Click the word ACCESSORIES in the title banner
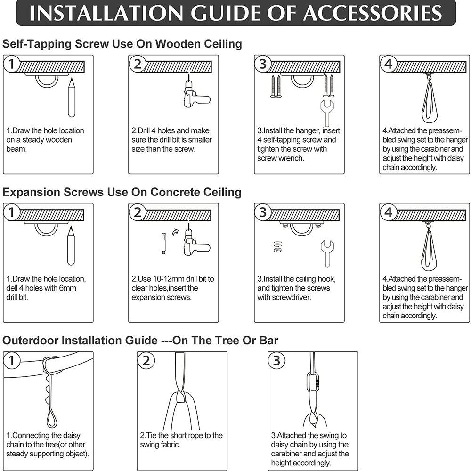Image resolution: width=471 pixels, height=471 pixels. click(372, 13)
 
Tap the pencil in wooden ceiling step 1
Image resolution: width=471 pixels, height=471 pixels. click(72, 97)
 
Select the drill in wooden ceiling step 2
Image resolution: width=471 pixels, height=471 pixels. click(195, 93)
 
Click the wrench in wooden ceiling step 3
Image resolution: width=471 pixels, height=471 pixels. click(327, 113)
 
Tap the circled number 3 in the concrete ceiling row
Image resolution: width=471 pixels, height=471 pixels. click(263, 212)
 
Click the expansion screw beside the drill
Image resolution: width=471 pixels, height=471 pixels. click(164, 244)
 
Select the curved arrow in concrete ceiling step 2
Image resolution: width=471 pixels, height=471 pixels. click(175, 232)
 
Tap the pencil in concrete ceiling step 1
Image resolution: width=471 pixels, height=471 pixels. click(71, 246)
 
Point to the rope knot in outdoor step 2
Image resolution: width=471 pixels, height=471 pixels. click(181, 397)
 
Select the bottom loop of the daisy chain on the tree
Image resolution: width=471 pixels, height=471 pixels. click(51, 419)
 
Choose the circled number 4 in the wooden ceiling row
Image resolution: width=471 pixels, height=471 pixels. click(389, 64)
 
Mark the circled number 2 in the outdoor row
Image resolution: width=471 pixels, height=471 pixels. click(146, 360)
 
